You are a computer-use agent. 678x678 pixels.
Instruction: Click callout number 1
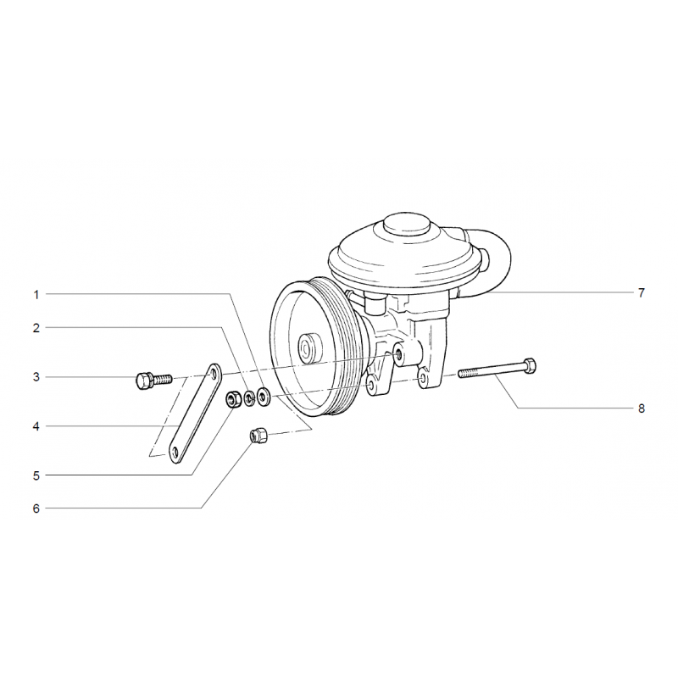[x=36, y=295]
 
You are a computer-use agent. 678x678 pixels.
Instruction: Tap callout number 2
[x=36, y=328]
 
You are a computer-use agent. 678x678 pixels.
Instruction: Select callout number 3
[x=36, y=377]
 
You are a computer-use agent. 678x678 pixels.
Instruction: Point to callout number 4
[x=36, y=426]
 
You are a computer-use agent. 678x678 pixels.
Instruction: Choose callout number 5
[x=36, y=475]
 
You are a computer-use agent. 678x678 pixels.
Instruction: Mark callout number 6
[x=36, y=508]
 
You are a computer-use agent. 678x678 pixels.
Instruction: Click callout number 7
[x=642, y=292]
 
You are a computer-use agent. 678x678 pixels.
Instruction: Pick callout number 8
[x=642, y=408]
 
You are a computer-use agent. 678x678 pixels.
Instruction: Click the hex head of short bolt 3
[x=144, y=381]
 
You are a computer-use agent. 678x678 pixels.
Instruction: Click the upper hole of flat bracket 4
[x=213, y=373]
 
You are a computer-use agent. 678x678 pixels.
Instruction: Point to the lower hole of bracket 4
[x=175, y=453]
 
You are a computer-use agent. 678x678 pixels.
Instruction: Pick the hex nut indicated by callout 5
[x=234, y=399]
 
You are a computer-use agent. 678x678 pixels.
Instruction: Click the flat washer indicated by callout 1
[x=263, y=397]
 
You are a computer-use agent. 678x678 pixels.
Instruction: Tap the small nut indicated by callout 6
[x=258, y=435]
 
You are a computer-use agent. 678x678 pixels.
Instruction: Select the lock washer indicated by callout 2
[x=249, y=398]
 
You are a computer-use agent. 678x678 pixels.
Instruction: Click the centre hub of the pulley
[x=308, y=348]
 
